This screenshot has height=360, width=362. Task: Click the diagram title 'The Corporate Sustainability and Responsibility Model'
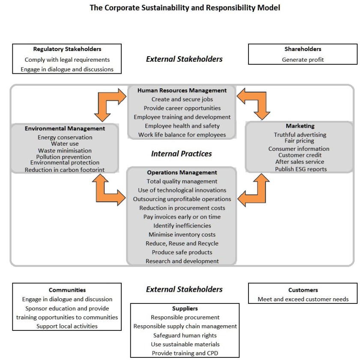pos(185,8)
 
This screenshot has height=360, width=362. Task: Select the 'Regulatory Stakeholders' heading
pos(67,49)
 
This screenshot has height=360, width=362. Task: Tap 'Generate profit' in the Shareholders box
pos(302,60)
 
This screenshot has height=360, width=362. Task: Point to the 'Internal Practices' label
pos(181,153)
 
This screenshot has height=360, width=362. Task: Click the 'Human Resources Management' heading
pos(182,90)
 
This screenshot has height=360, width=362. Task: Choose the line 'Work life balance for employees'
pos(182,135)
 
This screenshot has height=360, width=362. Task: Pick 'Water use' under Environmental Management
pos(65,144)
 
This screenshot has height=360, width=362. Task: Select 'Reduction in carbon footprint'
pos(65,170)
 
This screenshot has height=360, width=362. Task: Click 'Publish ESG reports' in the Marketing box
pos(301,169)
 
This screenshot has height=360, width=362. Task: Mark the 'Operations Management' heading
pos(182,172)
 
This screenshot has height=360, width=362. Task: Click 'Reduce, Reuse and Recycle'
pos(182,243)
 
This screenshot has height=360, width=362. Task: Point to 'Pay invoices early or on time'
pos(182,217)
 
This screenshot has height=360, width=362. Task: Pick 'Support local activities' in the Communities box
pos(67,326)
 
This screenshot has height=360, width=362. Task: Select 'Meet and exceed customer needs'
pos(303,299)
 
